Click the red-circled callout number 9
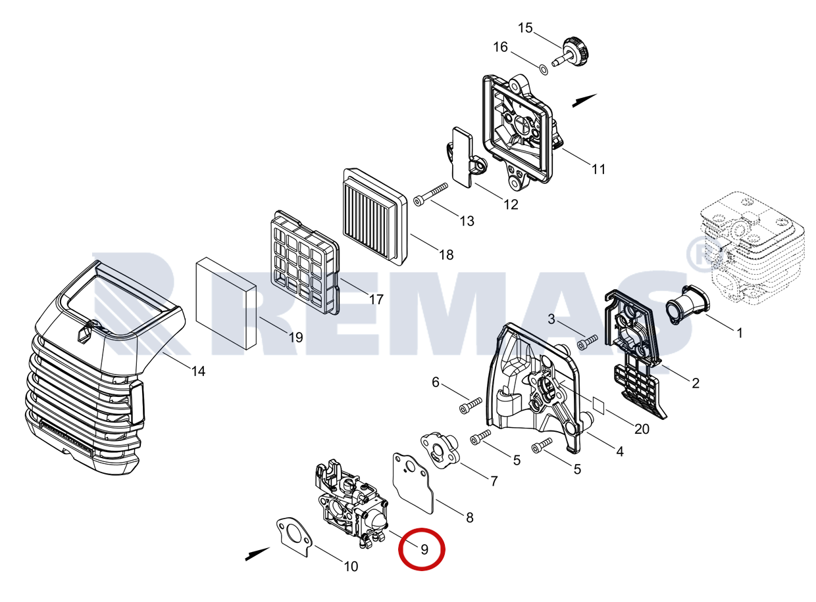pyautogui.click(x=423, y=549)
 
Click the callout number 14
pyautogui.click(x=198, y=371)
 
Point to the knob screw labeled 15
pyautogui.click(x=573, y=52)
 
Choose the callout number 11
pyautogui.click(x=598, y=169)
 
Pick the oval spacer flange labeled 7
pyautogui.click(x=437, y=447)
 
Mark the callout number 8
pyautogui.click(x=469, y=517)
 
